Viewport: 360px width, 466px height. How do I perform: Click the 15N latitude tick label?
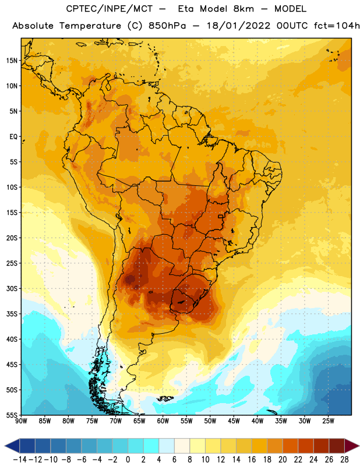point(12,61)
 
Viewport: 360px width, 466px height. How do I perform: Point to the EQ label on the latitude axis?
point(13,137)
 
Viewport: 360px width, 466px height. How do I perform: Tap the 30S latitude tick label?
point(12,288)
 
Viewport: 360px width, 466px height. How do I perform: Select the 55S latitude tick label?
point(12,415)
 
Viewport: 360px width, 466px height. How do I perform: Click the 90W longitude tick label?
point(21,421)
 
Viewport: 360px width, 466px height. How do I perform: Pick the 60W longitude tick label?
point(163,421)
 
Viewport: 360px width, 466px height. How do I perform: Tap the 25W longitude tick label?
point(328,421)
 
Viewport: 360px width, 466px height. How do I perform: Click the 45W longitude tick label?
point(234,421)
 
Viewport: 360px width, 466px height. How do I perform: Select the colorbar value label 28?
point(344,460)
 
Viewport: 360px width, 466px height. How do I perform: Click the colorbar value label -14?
point(20,460)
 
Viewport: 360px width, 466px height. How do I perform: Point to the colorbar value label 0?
point(128,460)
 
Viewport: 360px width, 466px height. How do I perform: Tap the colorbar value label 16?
point(252,460)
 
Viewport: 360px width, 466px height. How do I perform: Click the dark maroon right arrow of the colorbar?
point(352,446)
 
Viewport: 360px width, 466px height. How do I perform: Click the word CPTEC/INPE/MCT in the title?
point(110,9)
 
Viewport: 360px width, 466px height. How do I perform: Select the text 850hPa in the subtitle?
point(167,26)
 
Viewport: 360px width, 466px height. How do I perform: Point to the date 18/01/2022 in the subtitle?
point(239,26)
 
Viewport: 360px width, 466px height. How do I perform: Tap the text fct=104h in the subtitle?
point(337,26)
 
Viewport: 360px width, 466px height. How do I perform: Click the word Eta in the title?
point(186,9)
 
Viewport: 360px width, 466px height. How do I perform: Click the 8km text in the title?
point(243,9)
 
